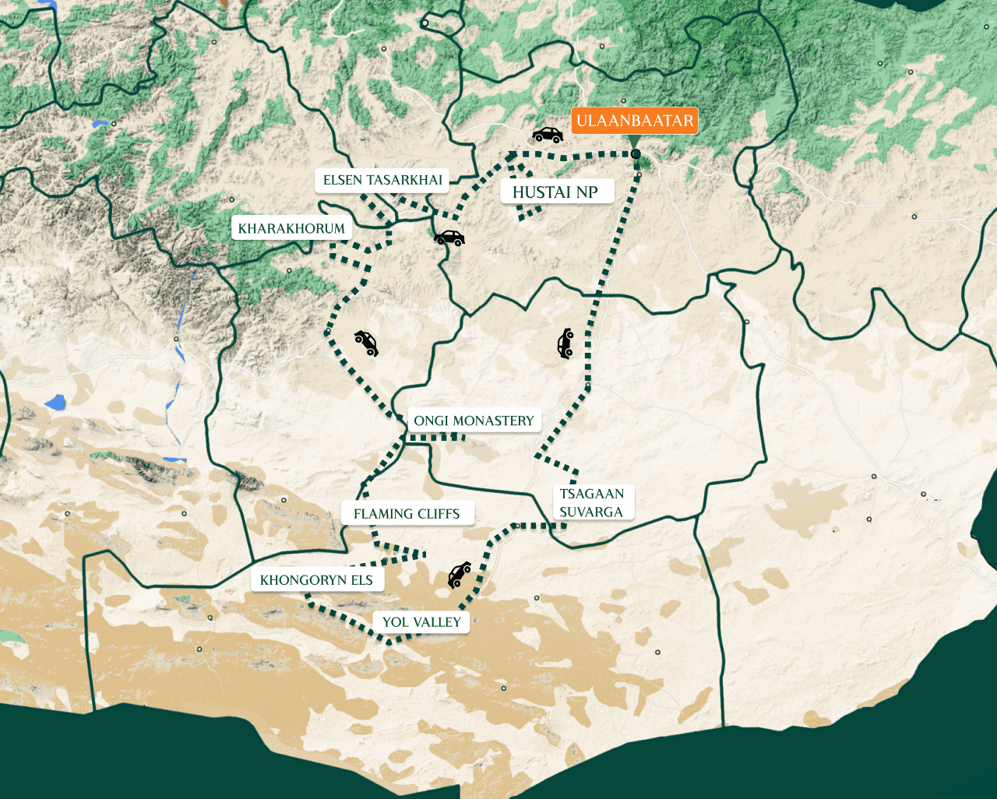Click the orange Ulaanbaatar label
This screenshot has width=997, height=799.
[635, 121]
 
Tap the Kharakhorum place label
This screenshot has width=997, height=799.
[291, 228]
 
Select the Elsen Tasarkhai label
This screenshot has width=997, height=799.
[382, 180]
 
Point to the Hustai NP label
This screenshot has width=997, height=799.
[555, 192]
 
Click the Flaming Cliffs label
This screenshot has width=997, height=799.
[407, 514]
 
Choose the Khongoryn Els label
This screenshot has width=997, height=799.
[316, 580]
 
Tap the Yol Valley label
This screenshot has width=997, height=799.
[421, 622]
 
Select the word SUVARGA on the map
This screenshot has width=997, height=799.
[591, 512]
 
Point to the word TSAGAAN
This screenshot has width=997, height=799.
[592, 494]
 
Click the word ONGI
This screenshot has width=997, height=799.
[432, 421]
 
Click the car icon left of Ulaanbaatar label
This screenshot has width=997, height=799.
[548, 135]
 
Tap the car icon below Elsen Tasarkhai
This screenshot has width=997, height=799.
[449, 238]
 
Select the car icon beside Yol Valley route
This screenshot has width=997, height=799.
[459, 575]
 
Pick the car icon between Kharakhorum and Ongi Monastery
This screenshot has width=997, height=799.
[366, 342]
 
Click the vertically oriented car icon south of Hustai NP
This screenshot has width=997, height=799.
[565, 343]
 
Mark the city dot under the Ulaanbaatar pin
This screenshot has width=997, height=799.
[636, 154]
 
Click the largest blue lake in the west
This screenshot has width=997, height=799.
[55, 403]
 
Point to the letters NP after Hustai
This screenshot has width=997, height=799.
[587, 192]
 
